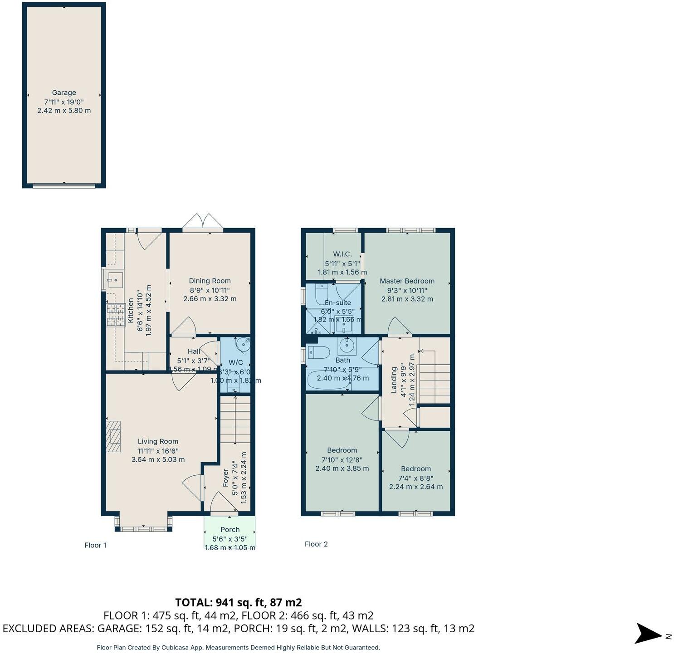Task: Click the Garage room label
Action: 64,93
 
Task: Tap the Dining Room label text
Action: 210,281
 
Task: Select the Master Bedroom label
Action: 407,281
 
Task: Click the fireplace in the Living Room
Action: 113,436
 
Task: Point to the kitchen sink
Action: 114,280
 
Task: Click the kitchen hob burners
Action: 116,315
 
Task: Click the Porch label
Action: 230,529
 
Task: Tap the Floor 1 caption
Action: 95,545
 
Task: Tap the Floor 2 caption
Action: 316,544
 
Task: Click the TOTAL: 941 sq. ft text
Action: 239,602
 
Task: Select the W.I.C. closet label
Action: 342,254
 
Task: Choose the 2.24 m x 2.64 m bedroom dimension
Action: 416,487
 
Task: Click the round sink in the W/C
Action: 245,345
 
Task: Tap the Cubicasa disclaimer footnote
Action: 238,648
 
